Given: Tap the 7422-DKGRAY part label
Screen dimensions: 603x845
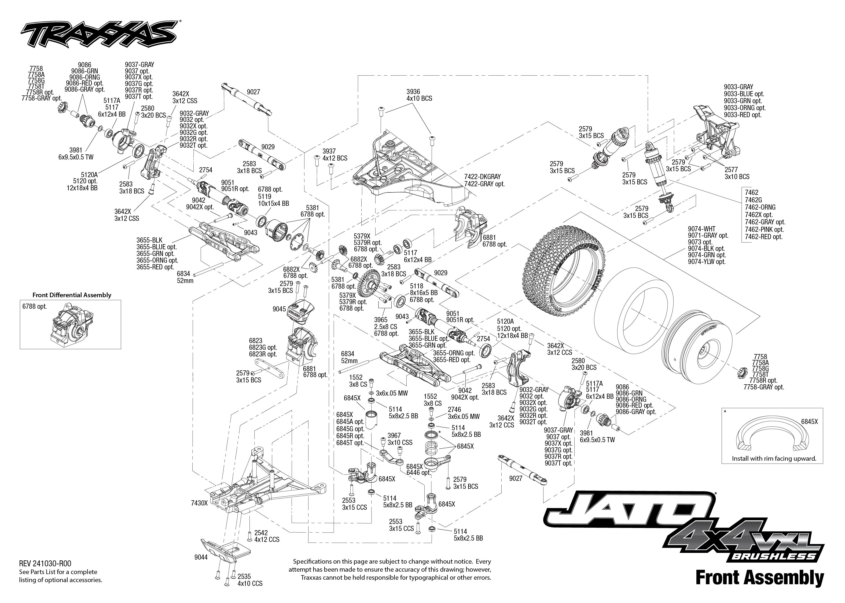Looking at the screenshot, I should pos(482,177).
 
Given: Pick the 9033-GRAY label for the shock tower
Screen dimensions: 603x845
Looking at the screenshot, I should pos(738,87).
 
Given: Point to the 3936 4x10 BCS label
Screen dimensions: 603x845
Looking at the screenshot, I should pos(419,95).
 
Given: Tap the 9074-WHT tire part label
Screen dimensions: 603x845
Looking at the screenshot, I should pos(701,229).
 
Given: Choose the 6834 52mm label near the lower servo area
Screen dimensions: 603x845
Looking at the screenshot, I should pos(349,357).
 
